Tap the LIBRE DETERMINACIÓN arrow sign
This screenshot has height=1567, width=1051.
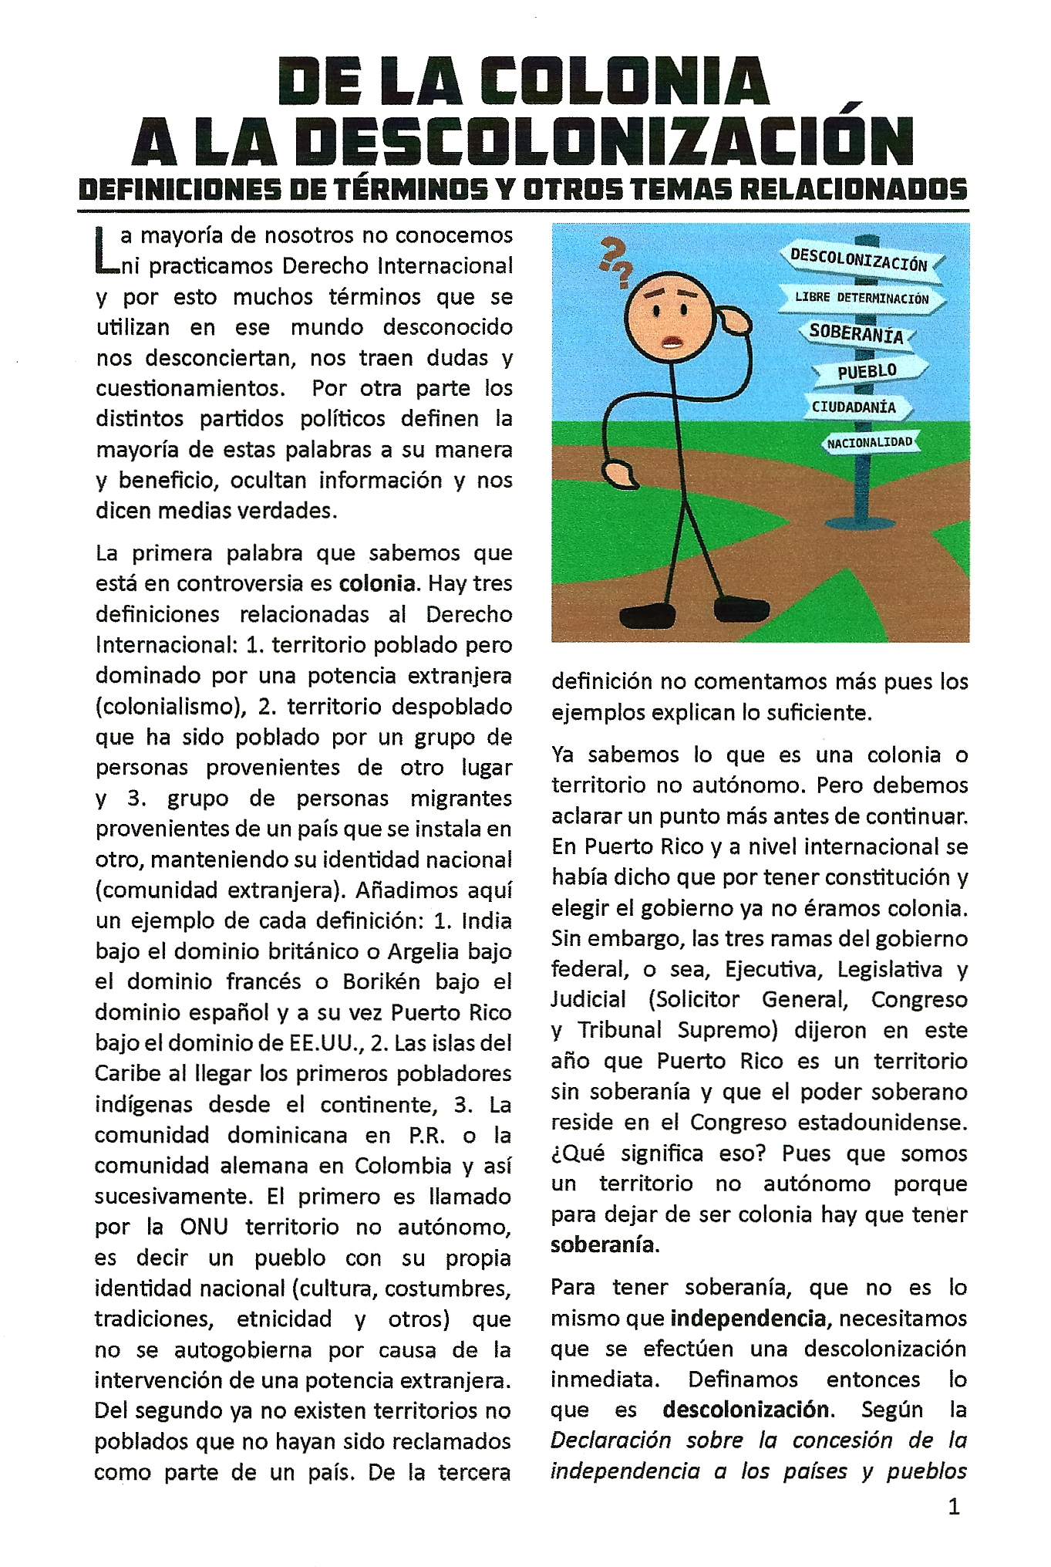pyautogui.click(x=861, y=298)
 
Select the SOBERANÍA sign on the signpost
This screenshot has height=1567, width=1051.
pyautogui.click(x=856, y=334)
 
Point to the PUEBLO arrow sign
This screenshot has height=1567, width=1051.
pyautogui.click(x=867, y=371)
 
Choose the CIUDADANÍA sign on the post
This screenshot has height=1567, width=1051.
pyautogui.click(x=854, y=407)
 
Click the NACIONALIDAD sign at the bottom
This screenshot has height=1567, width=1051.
pyautogui.click(x=869, y=442)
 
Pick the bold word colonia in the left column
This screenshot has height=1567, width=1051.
pyautogui.click(x=377, y=583)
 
